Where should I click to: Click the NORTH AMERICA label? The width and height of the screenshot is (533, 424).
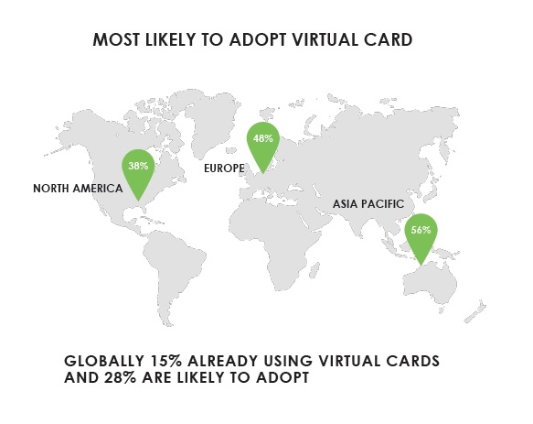[78, 189]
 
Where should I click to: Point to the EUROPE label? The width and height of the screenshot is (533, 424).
[224, 169]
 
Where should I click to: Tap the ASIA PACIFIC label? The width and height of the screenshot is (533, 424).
[368, 204]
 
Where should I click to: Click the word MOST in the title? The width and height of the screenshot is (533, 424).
[116, 39]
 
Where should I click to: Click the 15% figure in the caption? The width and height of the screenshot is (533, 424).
[165, 361]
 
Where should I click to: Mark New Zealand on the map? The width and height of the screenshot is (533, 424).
[476, 311]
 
